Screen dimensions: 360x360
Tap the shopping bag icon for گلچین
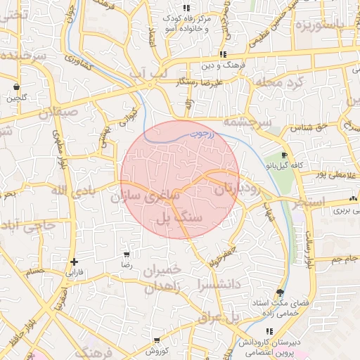15,88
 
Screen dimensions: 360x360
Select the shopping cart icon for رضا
127,255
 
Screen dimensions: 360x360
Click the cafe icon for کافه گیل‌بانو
283,155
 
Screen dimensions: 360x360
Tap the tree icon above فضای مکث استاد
281,292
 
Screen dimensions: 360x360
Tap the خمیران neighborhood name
162,271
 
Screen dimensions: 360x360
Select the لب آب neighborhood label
150,72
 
